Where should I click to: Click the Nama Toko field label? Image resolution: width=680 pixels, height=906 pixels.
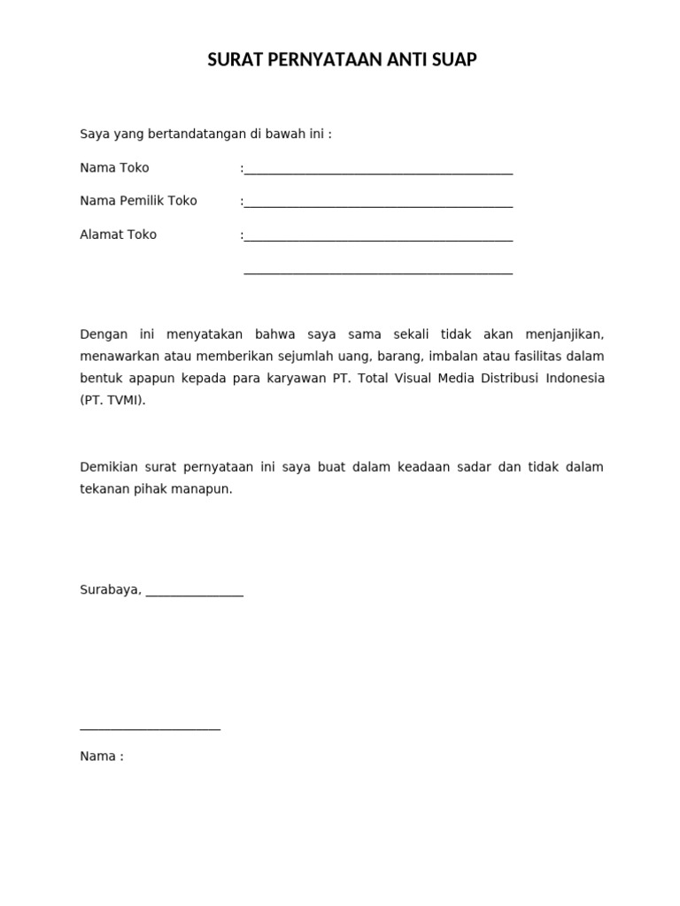click(114, 168)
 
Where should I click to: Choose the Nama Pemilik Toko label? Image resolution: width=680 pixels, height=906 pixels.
click(138, 201)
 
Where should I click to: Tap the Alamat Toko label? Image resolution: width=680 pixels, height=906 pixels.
click(118, 234)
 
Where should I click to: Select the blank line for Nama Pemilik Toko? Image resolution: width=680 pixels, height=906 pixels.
click(378, 206)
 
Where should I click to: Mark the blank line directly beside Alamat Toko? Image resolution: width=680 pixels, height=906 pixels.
click(378, 240)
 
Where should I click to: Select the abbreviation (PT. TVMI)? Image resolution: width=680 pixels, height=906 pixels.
click(112, 400)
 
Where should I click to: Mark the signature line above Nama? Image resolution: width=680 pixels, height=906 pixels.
click(150, 729)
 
